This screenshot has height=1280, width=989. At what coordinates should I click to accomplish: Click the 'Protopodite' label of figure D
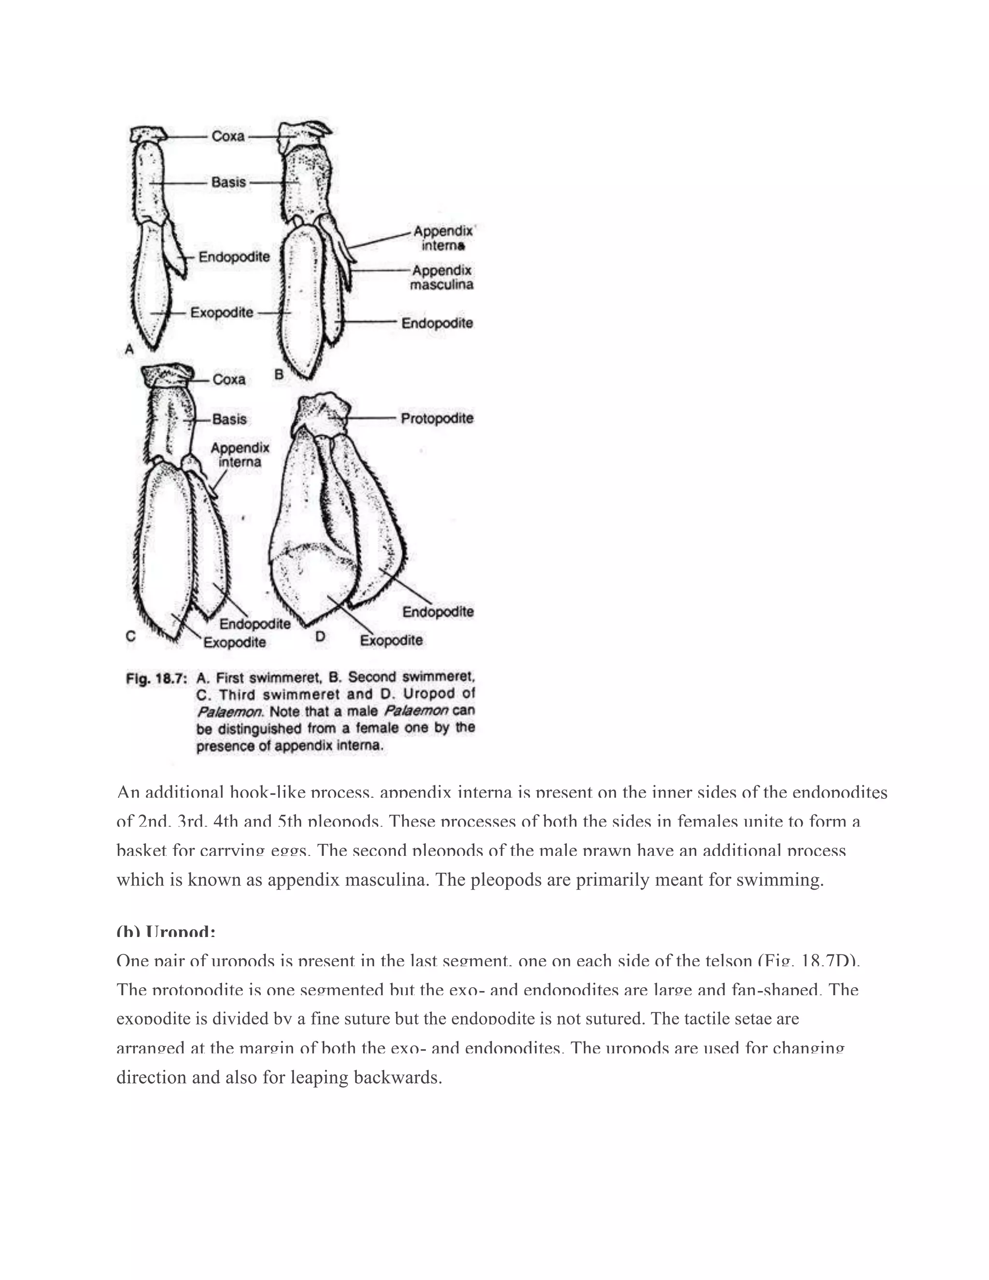[x=437, y=418]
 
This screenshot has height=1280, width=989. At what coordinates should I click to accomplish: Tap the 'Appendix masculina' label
[x=442, y=278]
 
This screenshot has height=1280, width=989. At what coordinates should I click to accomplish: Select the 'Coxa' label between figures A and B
[x=228, y=137]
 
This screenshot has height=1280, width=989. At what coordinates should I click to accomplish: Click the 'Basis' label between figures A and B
[x=228, y=182]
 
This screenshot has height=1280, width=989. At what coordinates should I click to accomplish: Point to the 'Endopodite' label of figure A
[x=234, y=256]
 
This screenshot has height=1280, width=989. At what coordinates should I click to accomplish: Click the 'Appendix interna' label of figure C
[x=240, y=455]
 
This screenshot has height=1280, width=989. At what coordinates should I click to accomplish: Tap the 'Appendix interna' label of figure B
[x=443, y=238]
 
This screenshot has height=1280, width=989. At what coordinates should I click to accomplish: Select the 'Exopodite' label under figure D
[x=391, y=640]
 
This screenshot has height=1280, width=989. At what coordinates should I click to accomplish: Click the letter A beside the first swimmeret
[x=129, y=350]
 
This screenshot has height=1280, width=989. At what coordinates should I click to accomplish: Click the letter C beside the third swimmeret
[x=131, y=636]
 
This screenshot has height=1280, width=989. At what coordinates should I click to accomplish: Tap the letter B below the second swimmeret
[x=279, y=374]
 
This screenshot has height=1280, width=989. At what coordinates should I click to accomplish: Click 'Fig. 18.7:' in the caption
[x=156, y=679]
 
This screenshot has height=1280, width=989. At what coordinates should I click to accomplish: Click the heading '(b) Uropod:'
[x=166, y=932]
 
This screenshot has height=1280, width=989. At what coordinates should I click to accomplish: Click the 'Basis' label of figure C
[x=229, y=419]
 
